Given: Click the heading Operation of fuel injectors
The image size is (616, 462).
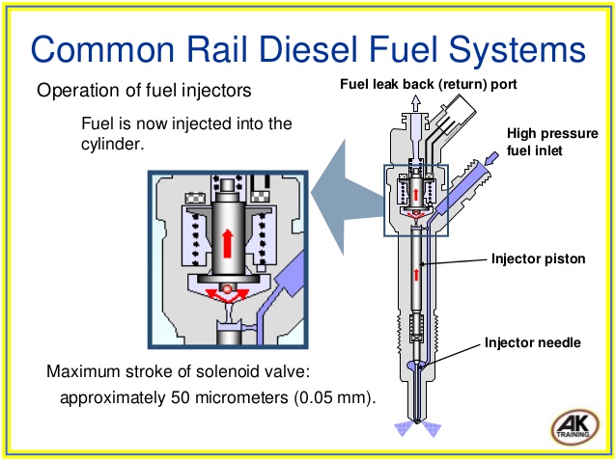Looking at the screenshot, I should [145, 92].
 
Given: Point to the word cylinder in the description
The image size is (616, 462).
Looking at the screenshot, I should [116, 143].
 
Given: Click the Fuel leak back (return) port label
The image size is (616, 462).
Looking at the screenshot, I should [429, 84].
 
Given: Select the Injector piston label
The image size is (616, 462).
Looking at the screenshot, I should [535, 258].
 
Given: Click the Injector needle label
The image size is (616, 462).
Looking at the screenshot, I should [532, 341].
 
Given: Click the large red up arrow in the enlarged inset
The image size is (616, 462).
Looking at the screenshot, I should [227, 240].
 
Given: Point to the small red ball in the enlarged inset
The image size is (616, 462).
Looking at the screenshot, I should [226, 288].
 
